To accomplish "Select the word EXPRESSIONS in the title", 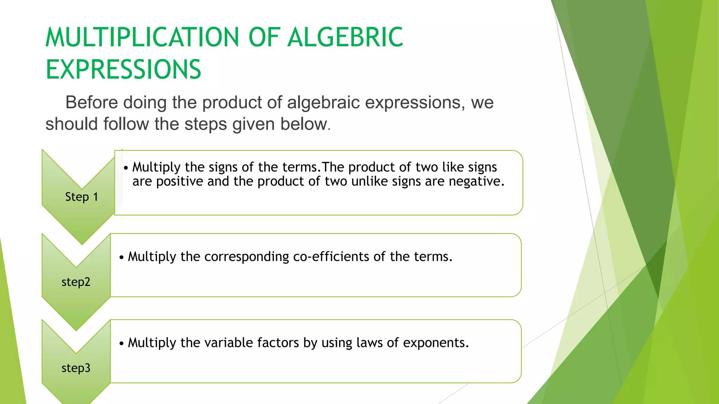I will (123, 69).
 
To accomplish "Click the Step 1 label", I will (81, 197).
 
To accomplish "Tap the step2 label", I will (76, 282).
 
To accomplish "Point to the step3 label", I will (76, 368).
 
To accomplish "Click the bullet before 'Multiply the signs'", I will (126, 168).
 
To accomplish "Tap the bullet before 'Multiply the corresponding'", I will (121, 258).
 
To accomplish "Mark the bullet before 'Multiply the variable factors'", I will (121, 344).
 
